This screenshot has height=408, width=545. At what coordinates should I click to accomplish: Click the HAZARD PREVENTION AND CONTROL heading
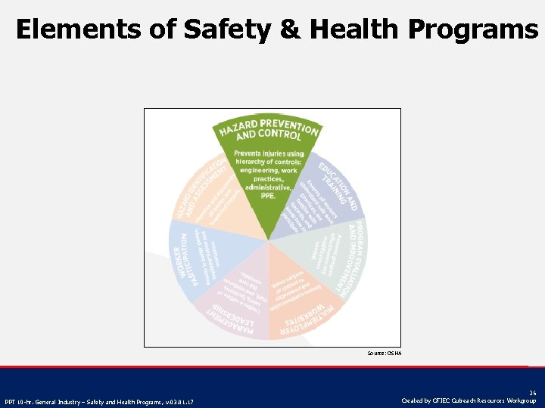click(269, 131)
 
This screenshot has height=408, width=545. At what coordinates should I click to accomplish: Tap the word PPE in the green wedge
click(269, 195)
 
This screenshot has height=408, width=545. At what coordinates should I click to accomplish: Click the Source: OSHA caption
click(385, 353)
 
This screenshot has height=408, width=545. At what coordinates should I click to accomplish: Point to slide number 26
click(533, 393)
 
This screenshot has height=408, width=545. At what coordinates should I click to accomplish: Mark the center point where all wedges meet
click(269, 241)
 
